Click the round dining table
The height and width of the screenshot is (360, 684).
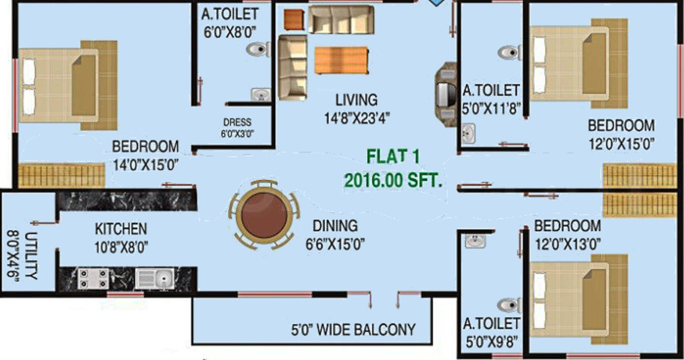pyautogui.click(x=265, y=215)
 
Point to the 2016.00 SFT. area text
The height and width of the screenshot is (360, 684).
pyautogui.click(x=393, y=179)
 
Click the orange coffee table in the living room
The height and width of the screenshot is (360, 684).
pyautogui.click(x=340, y=59)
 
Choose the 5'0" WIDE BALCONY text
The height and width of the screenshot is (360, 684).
pyautogui.click(x=353, y=329)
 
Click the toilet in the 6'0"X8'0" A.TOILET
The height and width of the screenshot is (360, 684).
pyautogui.click(x=259, y=49)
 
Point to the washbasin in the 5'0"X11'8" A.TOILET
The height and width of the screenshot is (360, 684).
pyautogui.click(x=468, y=132)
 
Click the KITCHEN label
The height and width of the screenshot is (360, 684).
pyautogui.click(x=121, y=229)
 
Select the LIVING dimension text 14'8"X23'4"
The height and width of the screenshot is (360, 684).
pyautogui.click(x=356, y=118)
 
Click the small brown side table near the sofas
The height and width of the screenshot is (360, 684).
pyautogui.click(x=293, y=19)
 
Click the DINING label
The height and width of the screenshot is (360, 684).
pyautogui.click(x=335, y=226)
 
